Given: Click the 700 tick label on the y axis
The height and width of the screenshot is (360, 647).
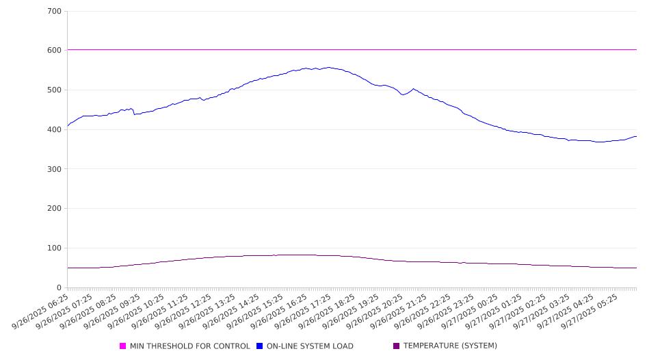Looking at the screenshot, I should tap(55, 12).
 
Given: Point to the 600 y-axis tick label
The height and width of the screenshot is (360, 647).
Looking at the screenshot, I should tap(55, 51).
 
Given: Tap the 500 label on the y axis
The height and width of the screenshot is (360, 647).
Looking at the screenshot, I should tap(55, 90).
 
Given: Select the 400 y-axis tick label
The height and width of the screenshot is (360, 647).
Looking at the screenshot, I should tap(55, 130).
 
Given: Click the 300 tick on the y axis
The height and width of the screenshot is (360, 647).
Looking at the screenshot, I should tap(55, 169).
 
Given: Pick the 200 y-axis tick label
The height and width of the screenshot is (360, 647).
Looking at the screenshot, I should tap(55, 209).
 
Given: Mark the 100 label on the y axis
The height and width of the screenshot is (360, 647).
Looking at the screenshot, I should tap(55, 248).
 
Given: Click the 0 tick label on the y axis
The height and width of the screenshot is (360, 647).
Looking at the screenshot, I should tap(60, 288).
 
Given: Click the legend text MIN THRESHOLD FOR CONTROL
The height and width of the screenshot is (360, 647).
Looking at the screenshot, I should tap(189, 346).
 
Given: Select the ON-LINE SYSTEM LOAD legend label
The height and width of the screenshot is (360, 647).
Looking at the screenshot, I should tap(310, 346).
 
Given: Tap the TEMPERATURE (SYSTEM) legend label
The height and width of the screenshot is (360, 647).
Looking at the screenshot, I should tap(450, 346).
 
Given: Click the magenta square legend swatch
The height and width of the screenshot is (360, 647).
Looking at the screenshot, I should tap(123, 346).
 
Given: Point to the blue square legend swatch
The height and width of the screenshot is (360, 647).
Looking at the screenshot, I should tap(260, 346).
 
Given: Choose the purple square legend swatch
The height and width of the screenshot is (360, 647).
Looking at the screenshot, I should tap(397, 346).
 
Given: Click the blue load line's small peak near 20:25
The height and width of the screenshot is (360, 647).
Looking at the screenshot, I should tap(413, 89).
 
